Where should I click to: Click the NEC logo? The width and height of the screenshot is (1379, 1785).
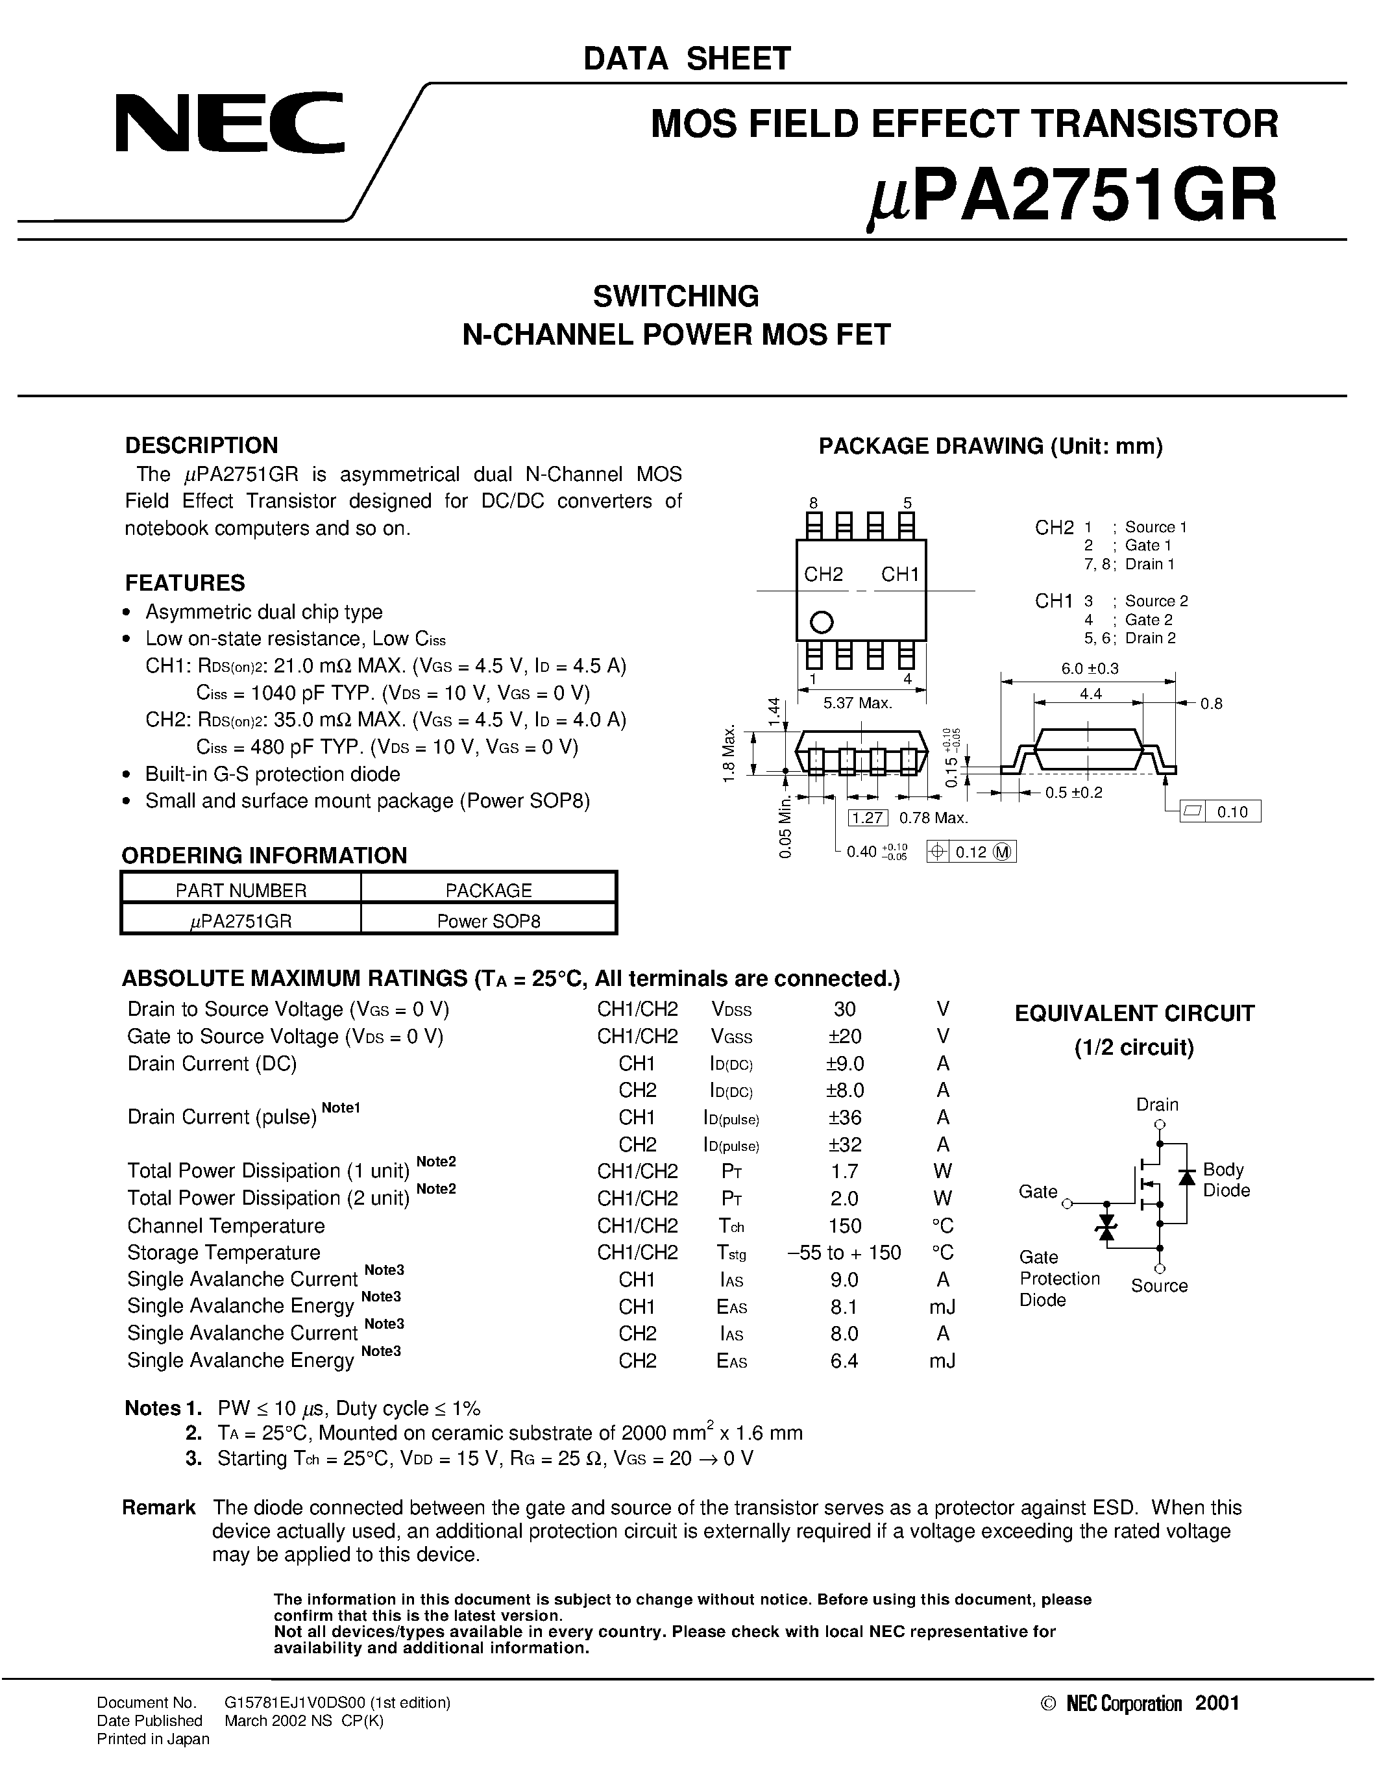[230, 123]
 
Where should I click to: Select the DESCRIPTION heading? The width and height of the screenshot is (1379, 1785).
[202, 445]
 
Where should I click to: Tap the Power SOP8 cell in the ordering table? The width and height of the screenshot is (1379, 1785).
[489, 921]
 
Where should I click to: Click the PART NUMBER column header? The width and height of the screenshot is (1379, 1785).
[241, 890]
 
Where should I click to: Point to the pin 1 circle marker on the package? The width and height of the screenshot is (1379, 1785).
[821, 622]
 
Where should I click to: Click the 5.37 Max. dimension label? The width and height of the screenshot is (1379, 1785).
[857, 702]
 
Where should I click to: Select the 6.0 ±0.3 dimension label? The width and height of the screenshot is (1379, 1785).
[1090, 668]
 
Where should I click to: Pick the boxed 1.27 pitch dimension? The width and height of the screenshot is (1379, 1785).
[868, 817]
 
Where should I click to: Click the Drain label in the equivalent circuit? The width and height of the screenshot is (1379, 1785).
[1157, 1104]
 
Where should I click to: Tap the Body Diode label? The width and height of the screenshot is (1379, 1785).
[1225, 1179]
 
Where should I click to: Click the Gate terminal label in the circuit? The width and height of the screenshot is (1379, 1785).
[1038, 1192]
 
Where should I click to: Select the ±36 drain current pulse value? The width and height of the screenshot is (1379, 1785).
[845, 1117]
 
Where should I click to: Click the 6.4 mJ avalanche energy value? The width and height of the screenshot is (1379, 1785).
[845, 1360]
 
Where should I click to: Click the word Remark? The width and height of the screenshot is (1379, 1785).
[159, 1507]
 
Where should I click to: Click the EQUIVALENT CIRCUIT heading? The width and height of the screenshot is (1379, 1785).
[1134, 1013]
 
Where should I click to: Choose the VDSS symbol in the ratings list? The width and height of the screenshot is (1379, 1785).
[731, 1010]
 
